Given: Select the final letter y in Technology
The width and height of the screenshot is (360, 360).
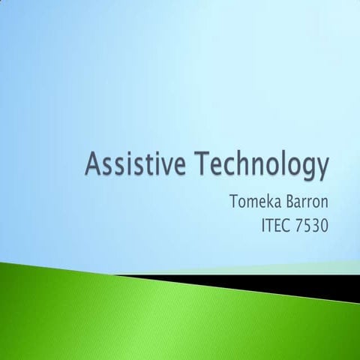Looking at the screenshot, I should (322, 169).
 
